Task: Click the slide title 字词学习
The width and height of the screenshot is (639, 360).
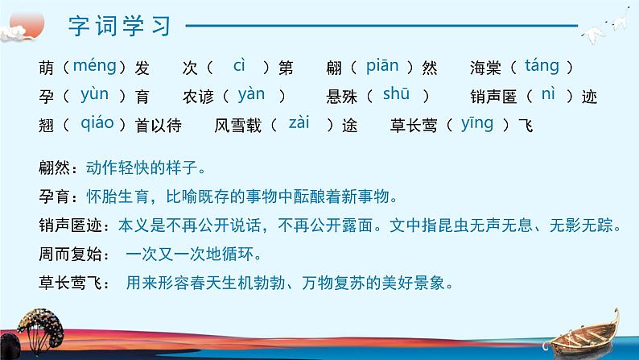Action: point(120,26)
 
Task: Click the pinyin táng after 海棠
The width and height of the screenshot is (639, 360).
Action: point(542,66)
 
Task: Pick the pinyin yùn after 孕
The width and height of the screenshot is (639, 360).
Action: point(94,94)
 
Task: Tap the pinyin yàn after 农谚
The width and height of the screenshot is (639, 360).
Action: point(251,94)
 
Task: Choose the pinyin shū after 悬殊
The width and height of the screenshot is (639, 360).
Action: point(396,94)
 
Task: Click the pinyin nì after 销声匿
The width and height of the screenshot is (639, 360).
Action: point(548,94)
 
